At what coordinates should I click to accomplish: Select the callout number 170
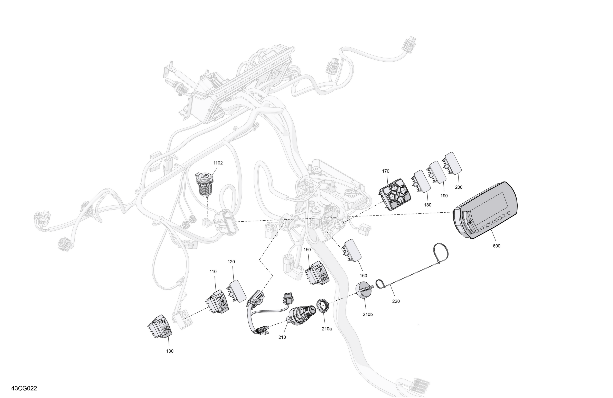coord(386,171)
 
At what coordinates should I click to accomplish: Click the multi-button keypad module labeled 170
coord(395,194)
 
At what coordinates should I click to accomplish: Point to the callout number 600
coord(497,246)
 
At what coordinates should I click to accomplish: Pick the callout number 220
coord(396,301)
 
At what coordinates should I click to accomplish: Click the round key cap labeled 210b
coord(364,290)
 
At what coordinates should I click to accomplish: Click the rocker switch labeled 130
coord(160,326)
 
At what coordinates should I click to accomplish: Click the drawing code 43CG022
coord(24,388)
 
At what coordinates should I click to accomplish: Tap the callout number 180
coord(427,205)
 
